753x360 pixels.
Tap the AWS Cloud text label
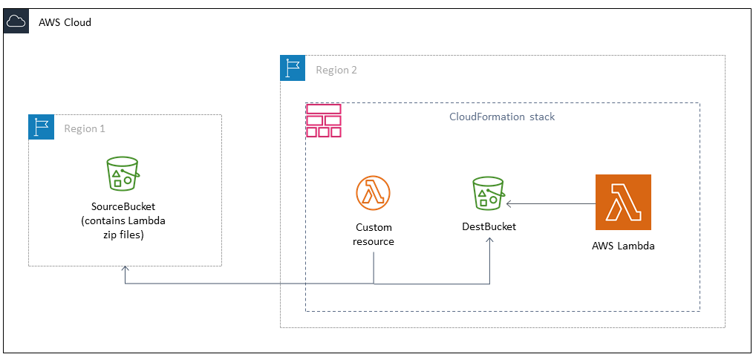pyautogui.click(x=65, y=22)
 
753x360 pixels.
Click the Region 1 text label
pyautogui.click(x=84, y=128)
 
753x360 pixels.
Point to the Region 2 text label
pyautogui.click(x=336, y=70)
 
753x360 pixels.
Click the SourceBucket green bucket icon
pyautogui.click(x=123, y=174)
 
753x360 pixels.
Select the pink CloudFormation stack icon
pyautogui.click(x=323, y=120)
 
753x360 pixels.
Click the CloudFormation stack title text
pyautogui.click(x=502, y=117)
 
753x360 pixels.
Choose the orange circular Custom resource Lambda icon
pyautogui.click(x=373, y=194)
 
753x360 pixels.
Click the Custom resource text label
pyautogui.click(x=373, y=235)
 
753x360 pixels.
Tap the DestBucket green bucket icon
pyautogui.click(x=488, y=194)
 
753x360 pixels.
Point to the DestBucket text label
pyautogui.click(x=489, y=226)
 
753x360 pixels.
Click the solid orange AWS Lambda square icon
pyautogui.click(x=623, y=203)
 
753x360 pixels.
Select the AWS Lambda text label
pyautogui.click(x=623, y=246)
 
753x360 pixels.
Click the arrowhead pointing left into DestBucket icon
pyautogui.click(x=510, y=203)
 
